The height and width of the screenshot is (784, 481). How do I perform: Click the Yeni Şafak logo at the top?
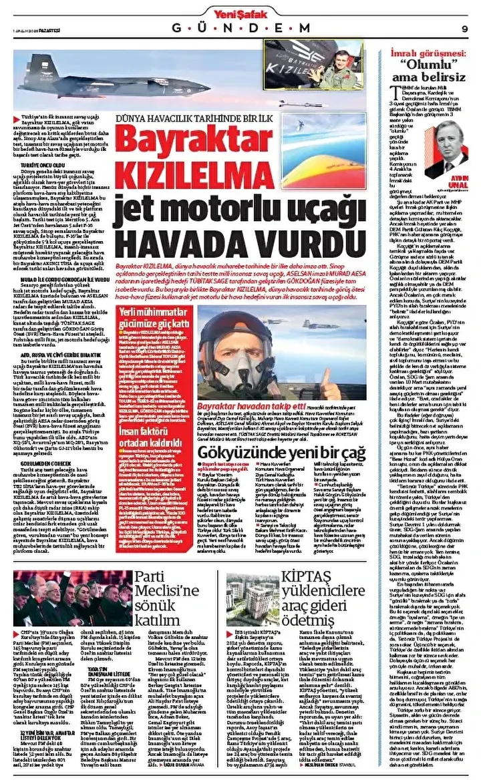[240, 10]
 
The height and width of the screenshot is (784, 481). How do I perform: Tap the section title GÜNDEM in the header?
[241, 28]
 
